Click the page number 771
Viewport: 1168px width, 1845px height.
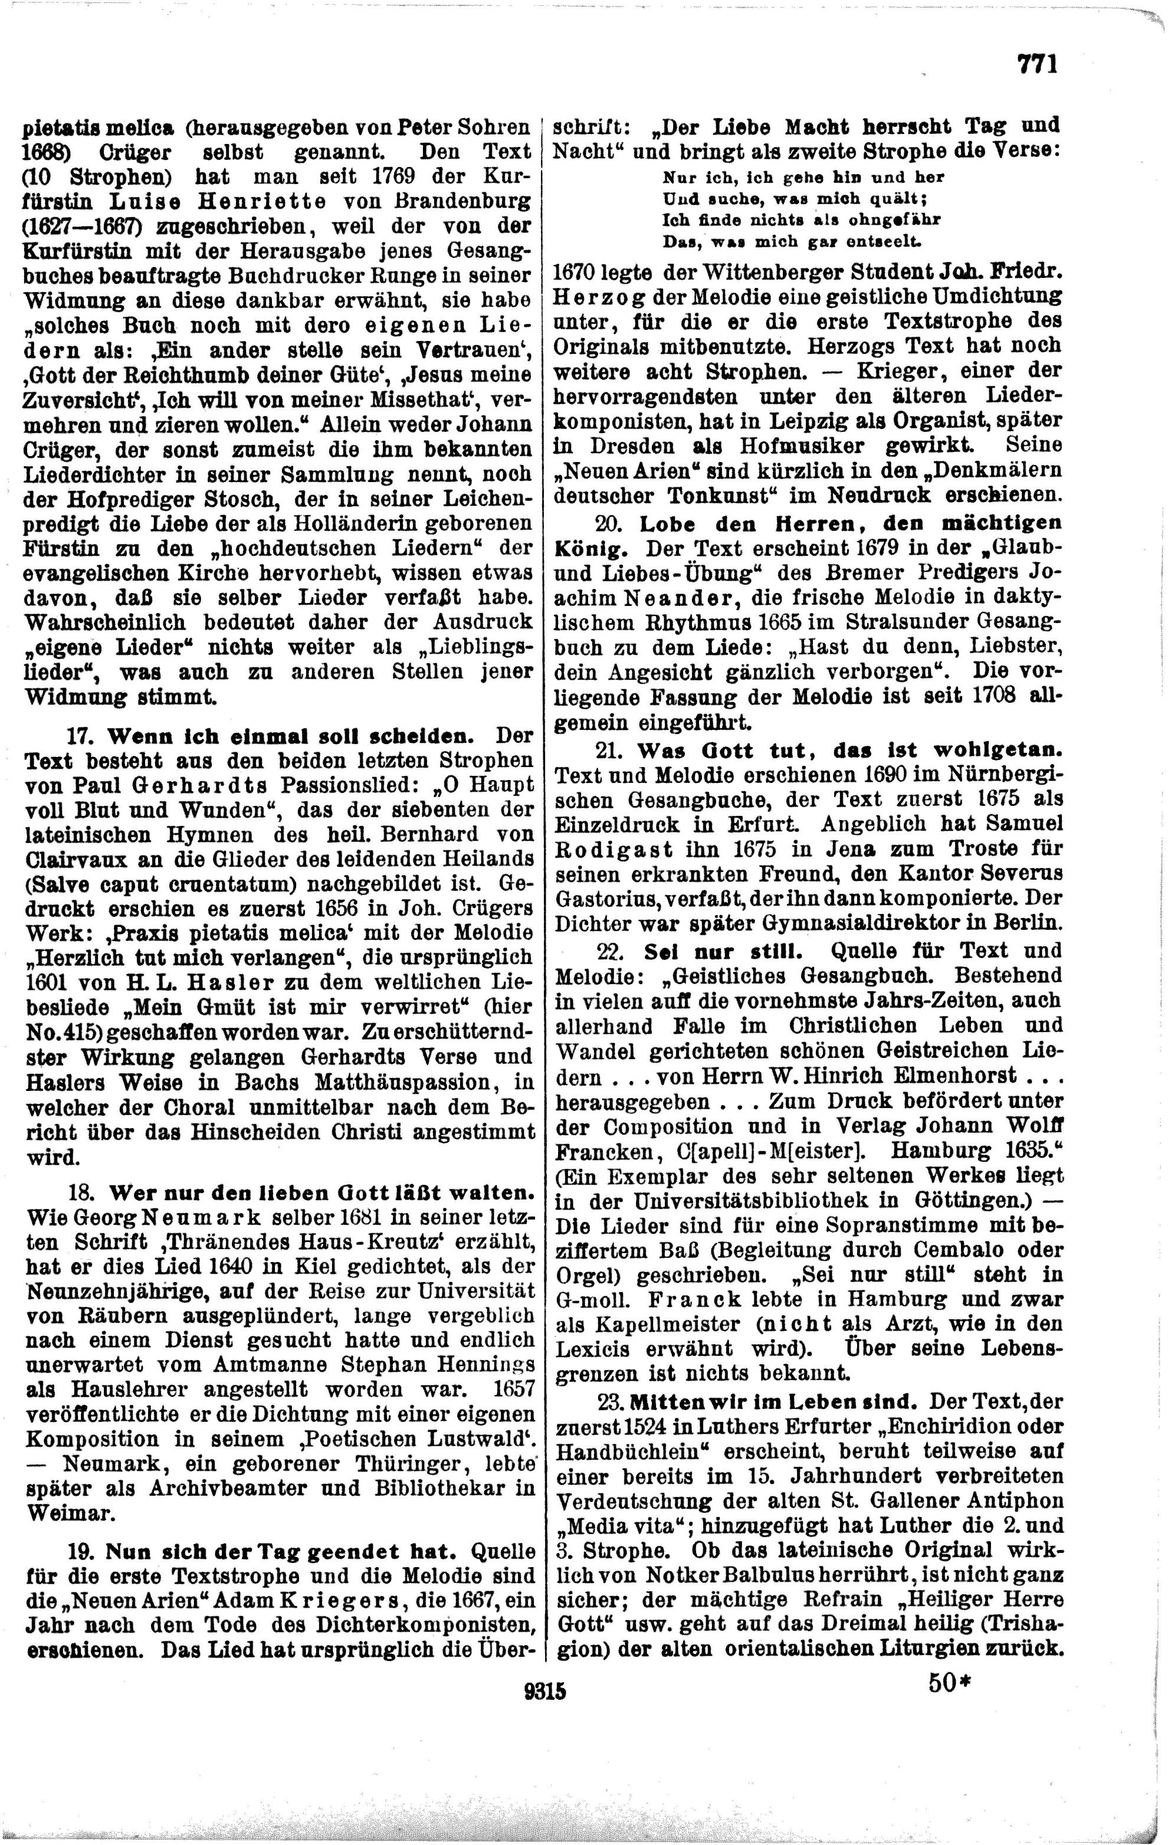click(x=1037, y=64)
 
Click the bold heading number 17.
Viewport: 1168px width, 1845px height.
click(x=80, y=737)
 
